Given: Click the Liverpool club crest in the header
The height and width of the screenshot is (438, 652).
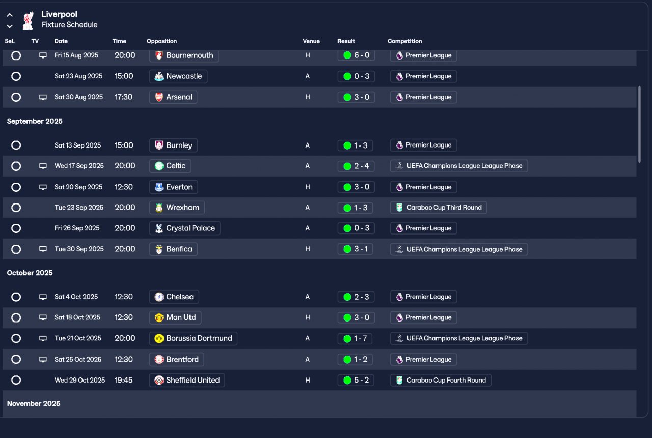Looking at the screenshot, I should coord(28,20).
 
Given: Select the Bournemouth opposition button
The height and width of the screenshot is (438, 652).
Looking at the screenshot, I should coord(184,55).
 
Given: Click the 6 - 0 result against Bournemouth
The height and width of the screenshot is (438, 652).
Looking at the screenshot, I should coord(356,55).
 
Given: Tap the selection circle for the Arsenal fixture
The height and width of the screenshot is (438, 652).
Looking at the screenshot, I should coord(16,97).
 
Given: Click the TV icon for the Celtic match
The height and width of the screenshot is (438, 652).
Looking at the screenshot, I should coord(43,166).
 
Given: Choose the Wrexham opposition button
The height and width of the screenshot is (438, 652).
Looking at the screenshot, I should coord(177,208).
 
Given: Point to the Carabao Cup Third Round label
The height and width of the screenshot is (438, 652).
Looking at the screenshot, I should coord(439,208).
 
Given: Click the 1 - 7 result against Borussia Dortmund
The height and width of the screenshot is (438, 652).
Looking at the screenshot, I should coord(356,338).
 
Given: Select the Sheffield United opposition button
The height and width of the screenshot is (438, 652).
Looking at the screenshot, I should coord(187,380).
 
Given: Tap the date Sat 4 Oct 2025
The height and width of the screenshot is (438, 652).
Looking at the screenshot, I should coord(76,297).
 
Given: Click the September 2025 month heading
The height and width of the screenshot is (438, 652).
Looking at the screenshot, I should coord(35,121).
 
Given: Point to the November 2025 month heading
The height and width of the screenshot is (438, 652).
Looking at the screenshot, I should coord(34,403).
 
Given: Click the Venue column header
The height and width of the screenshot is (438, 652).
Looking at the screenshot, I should coord(311,41).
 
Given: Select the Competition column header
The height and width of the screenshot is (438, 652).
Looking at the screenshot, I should coord(404,41).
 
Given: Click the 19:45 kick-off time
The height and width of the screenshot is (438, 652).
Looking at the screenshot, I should coord(124,380).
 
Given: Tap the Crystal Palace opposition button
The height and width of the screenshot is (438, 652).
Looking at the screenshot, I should coord(185,228).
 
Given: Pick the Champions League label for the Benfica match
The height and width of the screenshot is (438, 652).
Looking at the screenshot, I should coord(459,249).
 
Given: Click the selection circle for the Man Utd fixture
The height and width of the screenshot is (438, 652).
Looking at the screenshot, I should coord(16,318).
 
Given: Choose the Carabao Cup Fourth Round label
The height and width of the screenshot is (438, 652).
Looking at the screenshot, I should coord(441,380).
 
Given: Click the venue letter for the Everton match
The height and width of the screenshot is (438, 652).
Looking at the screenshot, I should coord(308,187).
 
